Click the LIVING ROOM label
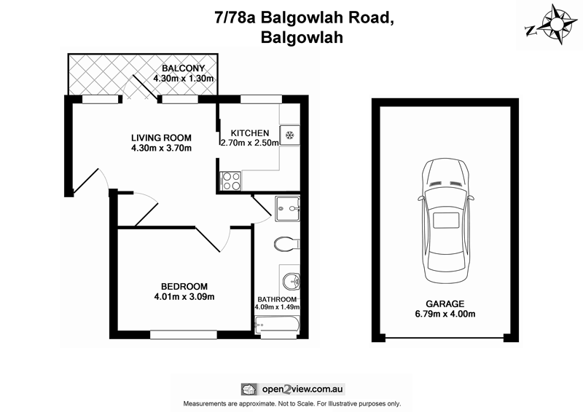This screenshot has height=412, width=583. (x=161, y=138)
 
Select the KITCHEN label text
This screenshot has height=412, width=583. (x=250, y=132)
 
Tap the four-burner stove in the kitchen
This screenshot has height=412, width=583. (x=230, y=180)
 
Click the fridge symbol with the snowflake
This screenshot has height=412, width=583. (x=289, y=135)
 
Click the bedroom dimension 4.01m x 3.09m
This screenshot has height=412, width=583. (x=184, y=296)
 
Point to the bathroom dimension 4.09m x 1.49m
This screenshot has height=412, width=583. (x=277, y=307)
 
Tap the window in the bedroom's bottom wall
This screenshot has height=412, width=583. (x=179, y=335)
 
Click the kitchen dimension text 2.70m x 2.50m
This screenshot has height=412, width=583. (x=249, y=143)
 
